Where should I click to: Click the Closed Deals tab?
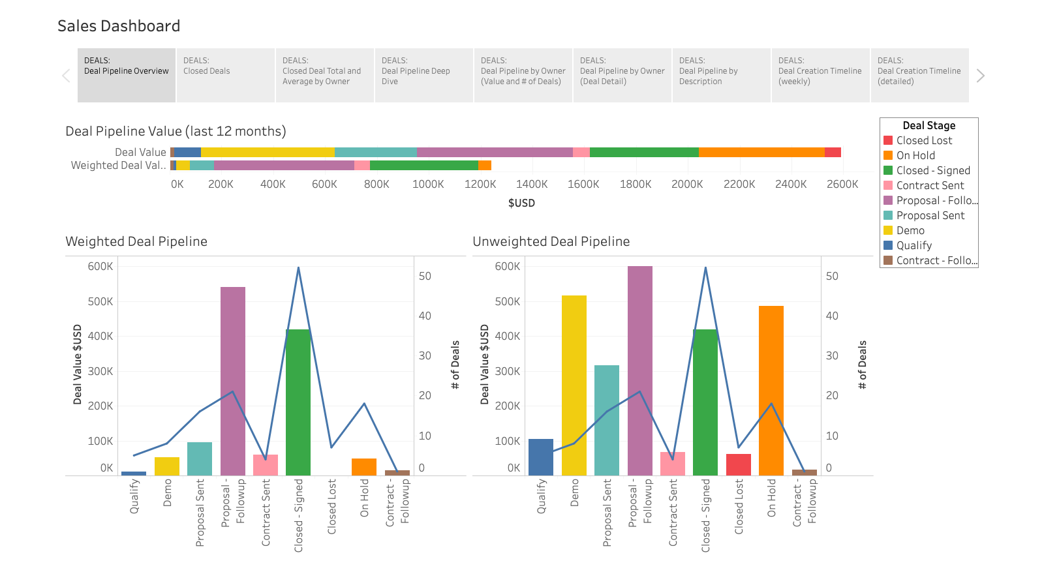tap(225, 75)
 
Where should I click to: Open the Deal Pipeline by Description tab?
tap(720, 75)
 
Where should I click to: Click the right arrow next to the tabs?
tap(980, 76)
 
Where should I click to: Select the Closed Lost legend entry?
tap(924, 140)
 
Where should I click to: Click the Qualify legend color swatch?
tap(888, 245)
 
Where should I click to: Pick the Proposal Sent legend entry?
tap(930, 215)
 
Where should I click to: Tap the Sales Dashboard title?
tap(119, 26)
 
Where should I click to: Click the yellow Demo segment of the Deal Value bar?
tap(268, 152)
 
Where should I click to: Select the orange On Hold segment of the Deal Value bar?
tap(761, 152)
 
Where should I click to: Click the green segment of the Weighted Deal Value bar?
tap(423, 165)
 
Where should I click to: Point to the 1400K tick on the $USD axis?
tap(532, 184)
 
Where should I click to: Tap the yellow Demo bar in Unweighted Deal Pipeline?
tap(574, 385)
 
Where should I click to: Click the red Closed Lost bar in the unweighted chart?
tap(738, 464)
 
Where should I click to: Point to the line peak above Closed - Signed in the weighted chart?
tap(298, 268)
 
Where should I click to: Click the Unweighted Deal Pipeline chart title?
tap(551, 241)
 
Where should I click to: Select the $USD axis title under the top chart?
tap(521, 203)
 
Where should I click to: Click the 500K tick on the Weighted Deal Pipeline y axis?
tap(100, 301)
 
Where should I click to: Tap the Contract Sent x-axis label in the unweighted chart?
tap(673, 512)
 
